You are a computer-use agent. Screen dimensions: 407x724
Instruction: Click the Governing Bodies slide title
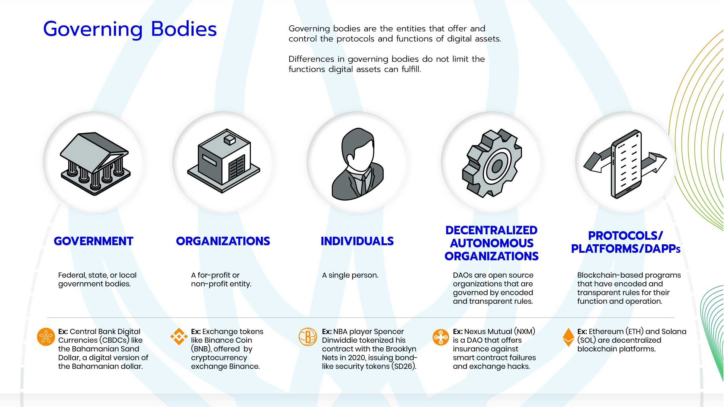coord(130,29)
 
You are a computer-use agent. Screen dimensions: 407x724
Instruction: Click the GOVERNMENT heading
coord(94,241)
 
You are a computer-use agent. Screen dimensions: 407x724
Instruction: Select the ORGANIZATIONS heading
coord(223,241)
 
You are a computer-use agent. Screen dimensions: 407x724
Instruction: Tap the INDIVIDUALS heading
coord(357,241)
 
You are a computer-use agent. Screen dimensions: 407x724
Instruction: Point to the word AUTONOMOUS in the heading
coord(492,243)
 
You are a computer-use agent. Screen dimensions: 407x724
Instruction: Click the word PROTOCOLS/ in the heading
coord(625,236)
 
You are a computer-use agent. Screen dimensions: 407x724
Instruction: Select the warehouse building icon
coord(224,161)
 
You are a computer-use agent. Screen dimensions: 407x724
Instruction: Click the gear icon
coord(492,163)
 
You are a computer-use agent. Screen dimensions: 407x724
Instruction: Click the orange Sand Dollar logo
coord(46,337)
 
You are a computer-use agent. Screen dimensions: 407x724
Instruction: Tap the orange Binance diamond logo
coord(179,336)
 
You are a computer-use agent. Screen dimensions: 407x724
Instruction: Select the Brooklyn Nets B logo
coord(308,337)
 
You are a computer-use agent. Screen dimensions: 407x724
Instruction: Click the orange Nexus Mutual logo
coord(440,337)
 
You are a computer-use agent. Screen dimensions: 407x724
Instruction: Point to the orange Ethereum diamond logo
coord(568,337)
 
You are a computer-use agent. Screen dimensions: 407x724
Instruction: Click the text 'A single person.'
coord(350,275)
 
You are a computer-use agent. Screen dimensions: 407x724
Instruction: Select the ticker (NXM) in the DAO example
coord(524,332)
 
